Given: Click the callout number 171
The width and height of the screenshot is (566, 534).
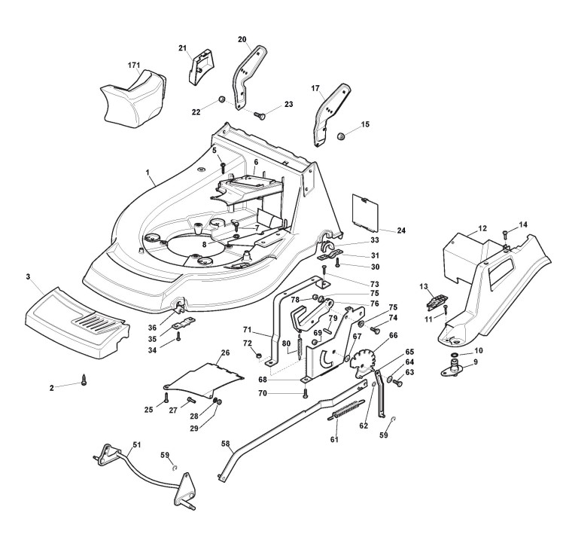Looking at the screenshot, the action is click(x=134, y=66).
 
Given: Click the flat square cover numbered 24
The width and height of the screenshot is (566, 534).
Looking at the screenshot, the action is click(x=365, y=213).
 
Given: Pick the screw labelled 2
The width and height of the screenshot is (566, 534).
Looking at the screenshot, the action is click(x=85, y=380).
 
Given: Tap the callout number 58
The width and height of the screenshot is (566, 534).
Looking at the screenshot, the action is click(x=225, y=444).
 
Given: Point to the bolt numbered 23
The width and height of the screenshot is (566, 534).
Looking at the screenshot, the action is click(x=260, y=116).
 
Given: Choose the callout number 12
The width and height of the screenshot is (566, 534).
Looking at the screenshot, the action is click(x=482, y=228).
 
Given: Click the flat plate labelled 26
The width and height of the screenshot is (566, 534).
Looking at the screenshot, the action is click(x=203, y=380).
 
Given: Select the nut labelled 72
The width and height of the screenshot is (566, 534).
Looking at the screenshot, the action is click(x=258, y=356).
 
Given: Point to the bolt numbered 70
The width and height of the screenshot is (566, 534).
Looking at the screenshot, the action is click(x=305, y=393).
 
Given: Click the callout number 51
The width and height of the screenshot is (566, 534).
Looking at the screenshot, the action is click(x=136, y=444).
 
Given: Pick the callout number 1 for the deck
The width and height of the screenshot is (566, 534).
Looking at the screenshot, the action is click(x=148, y=172).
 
